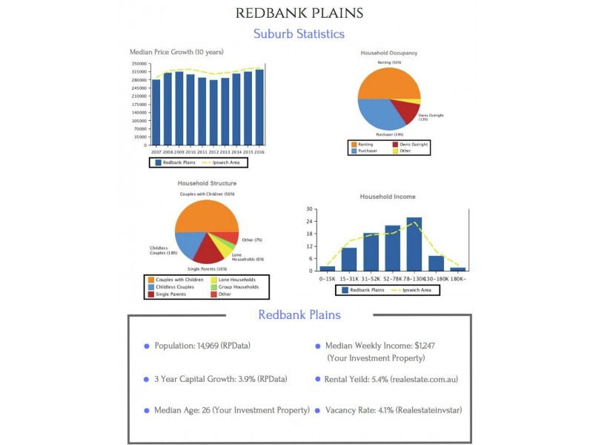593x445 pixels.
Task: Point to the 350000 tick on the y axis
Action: click(x=139, y=64)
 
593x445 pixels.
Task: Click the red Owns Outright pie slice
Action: click(x=405, y=111)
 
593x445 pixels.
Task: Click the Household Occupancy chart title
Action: click(x=388, y=53)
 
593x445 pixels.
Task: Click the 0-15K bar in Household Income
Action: click(x=328, y=268)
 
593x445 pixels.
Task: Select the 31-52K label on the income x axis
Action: click(x=371, y=279)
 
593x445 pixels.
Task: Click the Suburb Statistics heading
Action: click(x=299, y=33)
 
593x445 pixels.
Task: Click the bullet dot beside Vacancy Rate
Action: click(x=317, y=410)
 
